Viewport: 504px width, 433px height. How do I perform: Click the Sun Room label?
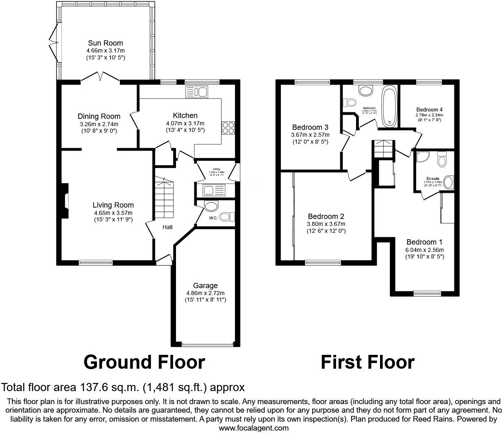105,43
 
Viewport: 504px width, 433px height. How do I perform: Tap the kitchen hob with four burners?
228,128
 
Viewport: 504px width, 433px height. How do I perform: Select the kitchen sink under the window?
197,92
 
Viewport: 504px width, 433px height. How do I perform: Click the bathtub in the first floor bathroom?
390,106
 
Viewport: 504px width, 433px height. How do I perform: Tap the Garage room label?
205,286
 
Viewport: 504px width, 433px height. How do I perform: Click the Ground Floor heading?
144,362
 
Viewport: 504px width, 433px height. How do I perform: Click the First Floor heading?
367,362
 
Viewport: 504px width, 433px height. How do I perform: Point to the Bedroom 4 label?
429,109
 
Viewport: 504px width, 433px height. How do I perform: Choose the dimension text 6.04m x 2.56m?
425,250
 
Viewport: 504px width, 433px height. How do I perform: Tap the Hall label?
167,227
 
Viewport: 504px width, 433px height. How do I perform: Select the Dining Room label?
99,116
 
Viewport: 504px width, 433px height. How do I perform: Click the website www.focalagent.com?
254,428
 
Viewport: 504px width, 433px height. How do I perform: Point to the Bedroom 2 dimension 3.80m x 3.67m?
326,224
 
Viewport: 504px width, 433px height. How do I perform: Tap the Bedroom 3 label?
310,127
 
